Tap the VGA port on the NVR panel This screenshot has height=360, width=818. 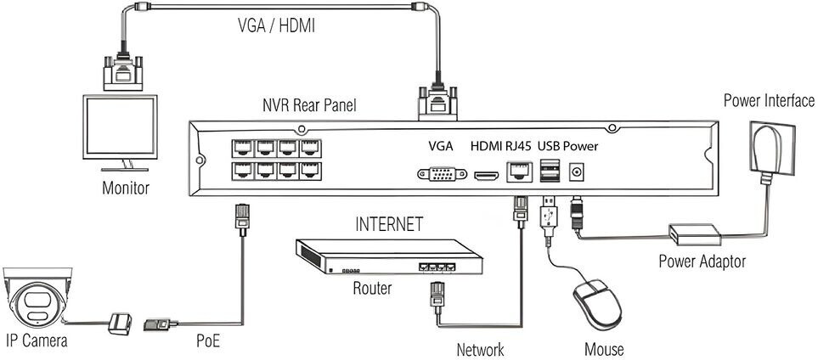tap(442, 174)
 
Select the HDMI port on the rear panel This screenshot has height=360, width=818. tap(487, 176)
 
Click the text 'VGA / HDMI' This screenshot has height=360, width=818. tap(275, 26)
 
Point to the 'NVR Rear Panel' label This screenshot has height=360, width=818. tap(309, 106)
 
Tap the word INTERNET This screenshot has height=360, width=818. tap(388, 225)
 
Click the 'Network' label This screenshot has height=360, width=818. tap(480, 349)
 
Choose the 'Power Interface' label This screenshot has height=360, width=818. tap(769, 101)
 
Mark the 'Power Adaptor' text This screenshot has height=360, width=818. tap(702, 261)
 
